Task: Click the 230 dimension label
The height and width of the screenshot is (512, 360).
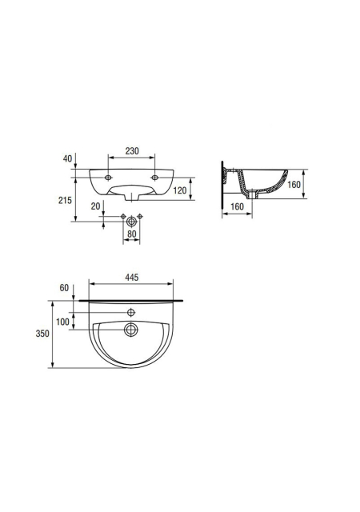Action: click(x=132, y=151)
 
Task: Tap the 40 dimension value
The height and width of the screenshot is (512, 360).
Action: click(x=67, y=158)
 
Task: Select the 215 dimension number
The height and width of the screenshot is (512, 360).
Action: click(x=65, y=200)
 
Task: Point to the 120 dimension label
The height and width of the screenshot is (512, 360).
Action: click(x=180, y=190)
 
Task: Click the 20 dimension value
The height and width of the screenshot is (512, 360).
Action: click(x=95, y=206)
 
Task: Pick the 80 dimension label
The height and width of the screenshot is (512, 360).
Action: click(x=131, y=234)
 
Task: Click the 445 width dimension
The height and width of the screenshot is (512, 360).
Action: click(x=132, y=278)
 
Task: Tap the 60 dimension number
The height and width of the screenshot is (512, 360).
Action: click(x=64, y=288)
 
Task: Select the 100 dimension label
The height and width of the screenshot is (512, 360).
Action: click(x=62, y=322)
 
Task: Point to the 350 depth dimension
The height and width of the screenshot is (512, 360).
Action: click(x=42, y=334)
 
